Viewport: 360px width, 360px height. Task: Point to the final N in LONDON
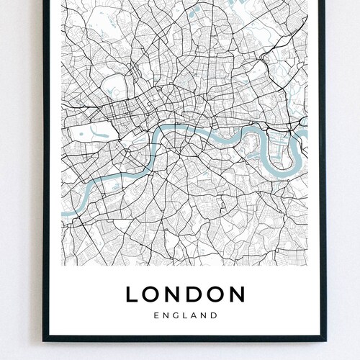(236, 294)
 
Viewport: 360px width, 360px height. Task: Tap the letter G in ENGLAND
(174, 315)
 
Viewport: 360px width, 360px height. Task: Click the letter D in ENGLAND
(215, 315)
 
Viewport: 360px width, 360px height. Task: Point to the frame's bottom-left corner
(45, 338)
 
